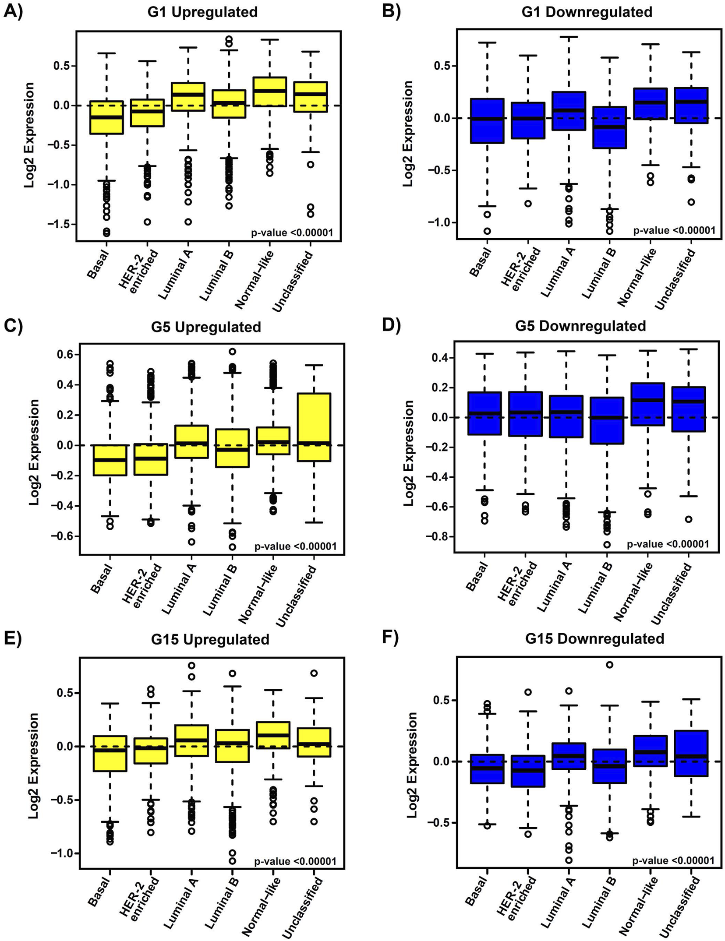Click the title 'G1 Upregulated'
click(202, 12)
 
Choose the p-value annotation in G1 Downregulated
click(674, 230)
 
